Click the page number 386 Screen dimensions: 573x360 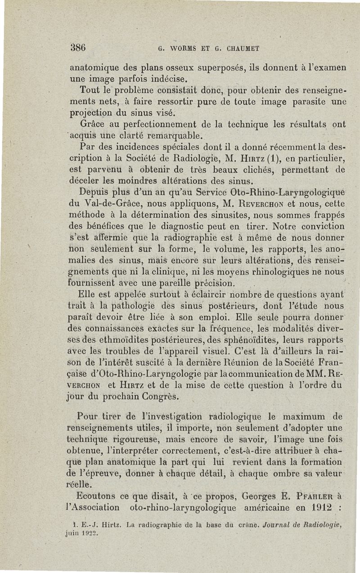point(78,47)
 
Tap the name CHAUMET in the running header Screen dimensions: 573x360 point(242,48)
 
